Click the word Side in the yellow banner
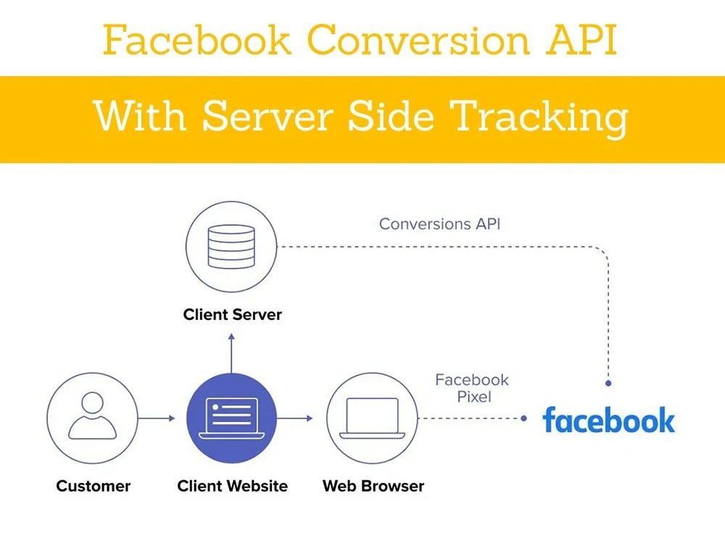(x=397, y=116)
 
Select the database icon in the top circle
(x=231, y=247)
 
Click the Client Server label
(x=232, y=315)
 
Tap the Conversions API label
(x=439, y=223)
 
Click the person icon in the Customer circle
(x=92, y=417)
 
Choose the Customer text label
(x=93, y=486)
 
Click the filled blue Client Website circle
(x=231, y=418)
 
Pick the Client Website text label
(x=232, y=486)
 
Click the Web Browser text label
(x=373, y=486)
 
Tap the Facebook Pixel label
(x=472, y=388)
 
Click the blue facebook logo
(x=608, y=420)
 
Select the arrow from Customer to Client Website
(x=157, y=419)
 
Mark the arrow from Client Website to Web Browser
(x=295, y=419)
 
